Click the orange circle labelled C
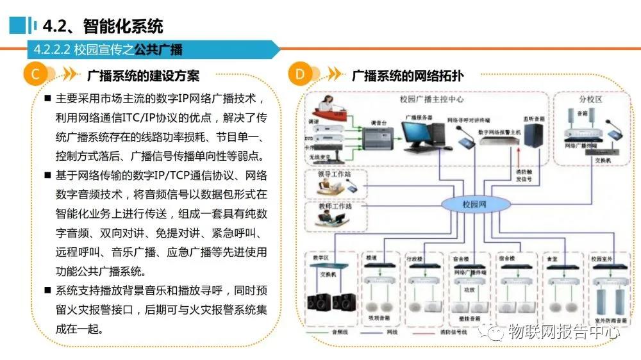pyautogui.click(x=35, y=75)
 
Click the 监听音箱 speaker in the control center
pyautogui.click(x=533, y=136)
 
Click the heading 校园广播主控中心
pyautogui.click(x=431, y=99)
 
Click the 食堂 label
pyautogui.click(x=552, y=258)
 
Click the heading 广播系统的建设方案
pyautogui.click(x=143, y=76)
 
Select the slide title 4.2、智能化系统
pyautogui.click(x=103, y=26)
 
